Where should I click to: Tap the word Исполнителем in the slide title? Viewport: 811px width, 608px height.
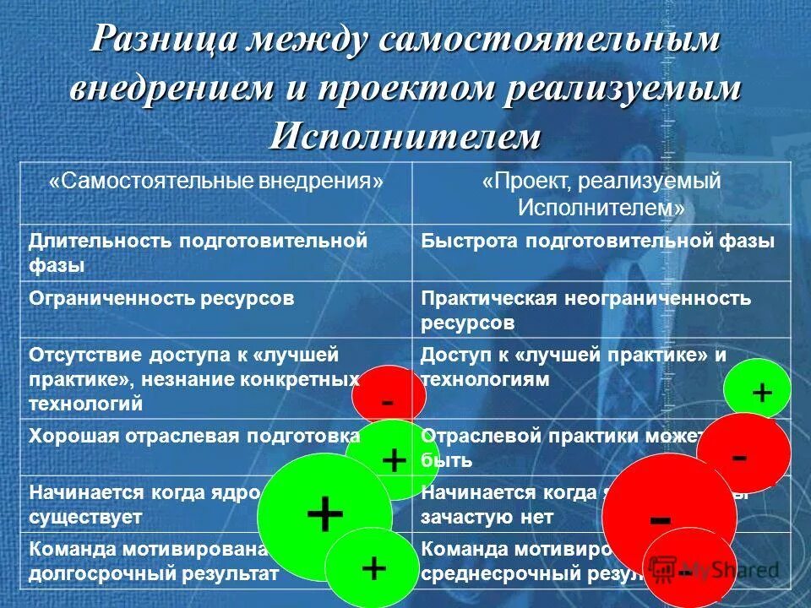405,135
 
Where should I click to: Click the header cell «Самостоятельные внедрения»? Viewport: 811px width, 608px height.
216,182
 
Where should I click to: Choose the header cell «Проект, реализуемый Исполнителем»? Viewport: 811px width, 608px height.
601,193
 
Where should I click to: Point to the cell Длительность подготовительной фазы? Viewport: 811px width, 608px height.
199,252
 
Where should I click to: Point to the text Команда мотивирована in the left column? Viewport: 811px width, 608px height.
148,549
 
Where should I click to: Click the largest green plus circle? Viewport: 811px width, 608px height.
324,516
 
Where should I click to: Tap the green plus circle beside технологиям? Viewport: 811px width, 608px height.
758,392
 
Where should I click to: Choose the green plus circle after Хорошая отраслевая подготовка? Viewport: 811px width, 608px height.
390,460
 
